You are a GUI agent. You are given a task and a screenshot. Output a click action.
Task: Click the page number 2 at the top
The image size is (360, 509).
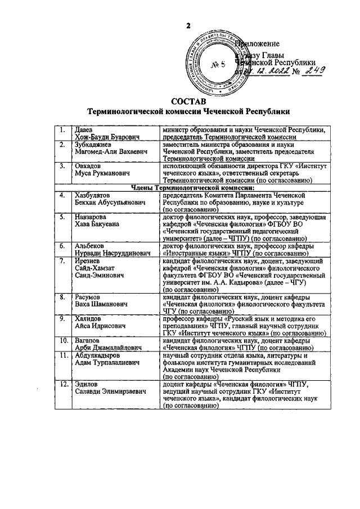tap(190, 26)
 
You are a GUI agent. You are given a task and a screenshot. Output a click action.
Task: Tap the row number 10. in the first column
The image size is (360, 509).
tap(64, 340)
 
